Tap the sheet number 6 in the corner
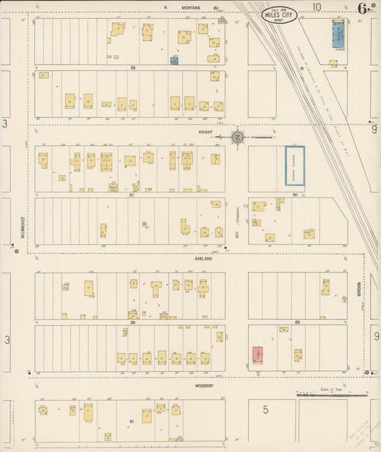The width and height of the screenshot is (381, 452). (363, 9)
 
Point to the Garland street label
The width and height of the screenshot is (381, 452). (204, 259)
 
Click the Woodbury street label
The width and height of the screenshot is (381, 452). (204, 385)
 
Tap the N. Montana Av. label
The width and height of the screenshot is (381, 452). (189, 7)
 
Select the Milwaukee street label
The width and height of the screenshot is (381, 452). (22, 226)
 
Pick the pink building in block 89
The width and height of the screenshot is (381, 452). (257, 355)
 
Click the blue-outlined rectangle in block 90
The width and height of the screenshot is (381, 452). (295, 166)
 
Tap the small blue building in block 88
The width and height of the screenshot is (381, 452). (174, 61)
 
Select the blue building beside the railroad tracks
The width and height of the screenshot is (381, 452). (337, 33)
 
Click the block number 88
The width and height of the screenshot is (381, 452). (132, 68)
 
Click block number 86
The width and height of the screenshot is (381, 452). (133, 322)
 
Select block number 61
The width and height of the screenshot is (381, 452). (133, 421)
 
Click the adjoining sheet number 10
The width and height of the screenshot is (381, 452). (316, 7)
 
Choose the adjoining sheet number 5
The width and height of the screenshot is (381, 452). (265, 410)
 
